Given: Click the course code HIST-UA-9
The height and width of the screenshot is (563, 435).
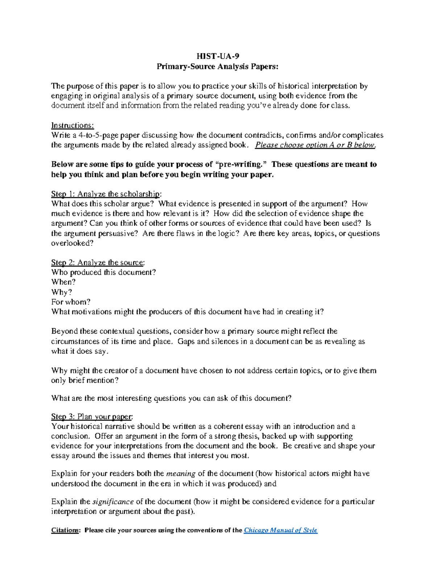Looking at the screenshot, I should [217, 56].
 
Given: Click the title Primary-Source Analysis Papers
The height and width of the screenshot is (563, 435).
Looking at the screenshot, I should [217, 66].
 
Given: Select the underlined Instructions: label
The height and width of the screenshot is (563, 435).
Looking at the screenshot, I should [72, 125].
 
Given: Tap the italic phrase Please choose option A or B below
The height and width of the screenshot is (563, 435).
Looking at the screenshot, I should [315, 145].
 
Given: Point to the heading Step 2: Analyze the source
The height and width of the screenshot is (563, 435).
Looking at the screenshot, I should [98, 262].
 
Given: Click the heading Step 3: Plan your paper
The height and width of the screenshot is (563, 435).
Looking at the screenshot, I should [92, 417].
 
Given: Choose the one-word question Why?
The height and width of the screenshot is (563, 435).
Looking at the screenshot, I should [62, 292].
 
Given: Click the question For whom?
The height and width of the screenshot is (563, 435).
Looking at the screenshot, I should [71, 302].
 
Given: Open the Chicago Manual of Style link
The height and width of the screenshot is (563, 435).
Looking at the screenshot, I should [281, 530].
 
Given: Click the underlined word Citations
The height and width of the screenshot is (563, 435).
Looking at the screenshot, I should [65, 530].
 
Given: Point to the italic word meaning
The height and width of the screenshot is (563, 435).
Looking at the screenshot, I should [181, 473].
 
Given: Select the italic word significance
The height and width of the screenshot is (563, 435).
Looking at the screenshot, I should [113, 502].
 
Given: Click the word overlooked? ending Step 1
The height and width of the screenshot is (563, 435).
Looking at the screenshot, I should [72, 243].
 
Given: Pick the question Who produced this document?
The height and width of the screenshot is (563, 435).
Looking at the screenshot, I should [104, 272].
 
